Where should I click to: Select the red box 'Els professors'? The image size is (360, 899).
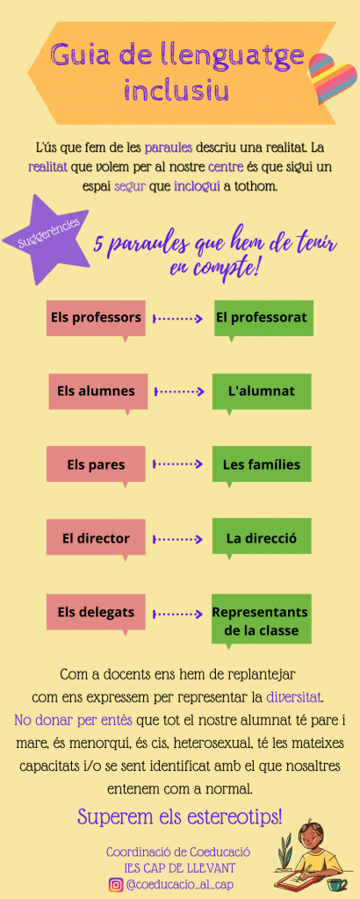coord(96,318)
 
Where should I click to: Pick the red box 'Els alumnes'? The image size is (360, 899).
coord(97,392)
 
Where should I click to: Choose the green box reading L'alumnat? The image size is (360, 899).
coord(262,392)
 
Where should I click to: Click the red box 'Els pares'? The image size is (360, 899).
coord(96,464)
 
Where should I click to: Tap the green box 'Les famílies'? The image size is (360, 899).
coord(262,464)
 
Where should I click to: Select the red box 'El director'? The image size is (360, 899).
coord(96,539)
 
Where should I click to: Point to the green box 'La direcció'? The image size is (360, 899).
coord(262,539)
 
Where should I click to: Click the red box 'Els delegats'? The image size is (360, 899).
coord(96,613)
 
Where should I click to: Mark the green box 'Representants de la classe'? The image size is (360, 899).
coord(262,621)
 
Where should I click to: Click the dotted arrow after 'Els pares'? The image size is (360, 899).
coord(177,464)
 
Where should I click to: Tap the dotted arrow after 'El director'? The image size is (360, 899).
coord(177,539)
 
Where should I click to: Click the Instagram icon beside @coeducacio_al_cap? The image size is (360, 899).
coord(116,885)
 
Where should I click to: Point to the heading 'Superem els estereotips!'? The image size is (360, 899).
coord(180,816)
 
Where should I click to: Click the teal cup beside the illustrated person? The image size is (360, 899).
coord(339,884)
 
